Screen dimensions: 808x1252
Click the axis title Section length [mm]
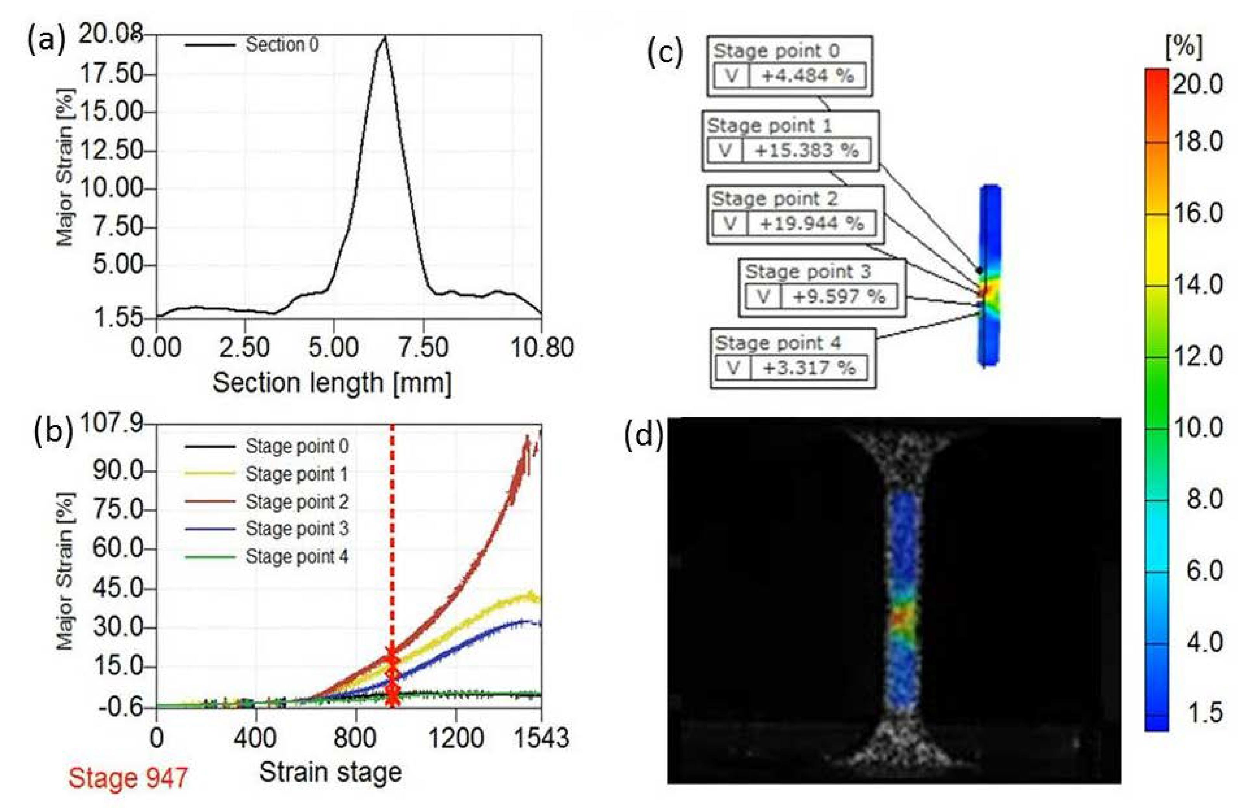[332, 382]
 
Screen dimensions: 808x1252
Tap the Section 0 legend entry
[282, 45]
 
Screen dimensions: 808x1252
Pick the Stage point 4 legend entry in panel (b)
[297, 556]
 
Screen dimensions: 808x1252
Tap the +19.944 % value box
[811, 224]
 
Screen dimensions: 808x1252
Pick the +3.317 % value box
[808, 368]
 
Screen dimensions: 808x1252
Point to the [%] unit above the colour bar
[1184, 48]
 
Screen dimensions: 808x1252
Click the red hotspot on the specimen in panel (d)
[901, 618]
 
